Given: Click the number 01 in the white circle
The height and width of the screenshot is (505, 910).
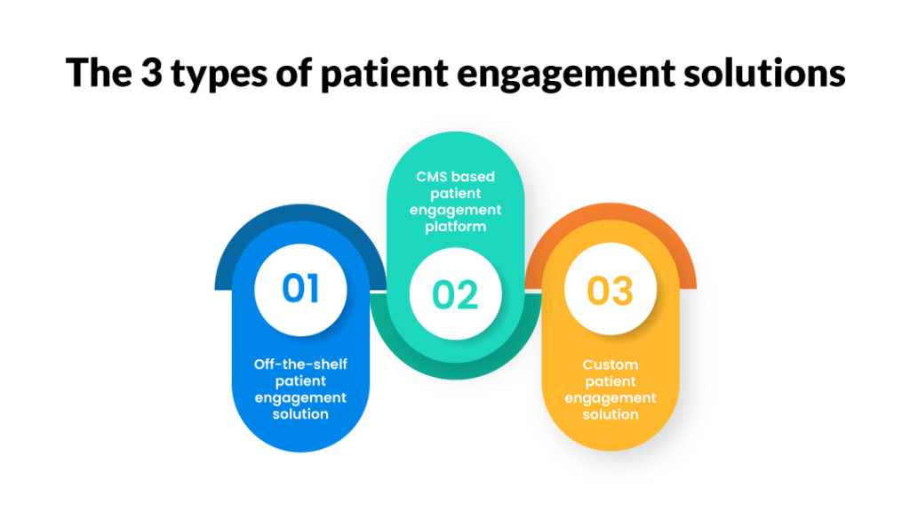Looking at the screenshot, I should pos(300,289).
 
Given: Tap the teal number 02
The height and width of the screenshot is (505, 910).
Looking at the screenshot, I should pos(455,294).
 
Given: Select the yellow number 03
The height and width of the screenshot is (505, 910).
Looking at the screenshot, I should pos(610,291).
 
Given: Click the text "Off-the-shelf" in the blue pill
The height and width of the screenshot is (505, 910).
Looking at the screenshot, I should pos(300,364).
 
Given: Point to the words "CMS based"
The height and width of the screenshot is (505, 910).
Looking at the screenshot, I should pos(455,177).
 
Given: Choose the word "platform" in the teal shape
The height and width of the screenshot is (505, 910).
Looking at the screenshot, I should pos(455,227).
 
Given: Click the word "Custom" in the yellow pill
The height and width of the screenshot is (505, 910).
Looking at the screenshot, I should pos(610,365).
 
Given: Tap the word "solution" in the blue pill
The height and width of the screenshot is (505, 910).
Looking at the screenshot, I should pos(300,414).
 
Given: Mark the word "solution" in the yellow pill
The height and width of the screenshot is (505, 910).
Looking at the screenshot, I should pos(610,414).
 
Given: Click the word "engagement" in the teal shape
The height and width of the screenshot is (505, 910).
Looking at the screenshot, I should pos(455,210).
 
